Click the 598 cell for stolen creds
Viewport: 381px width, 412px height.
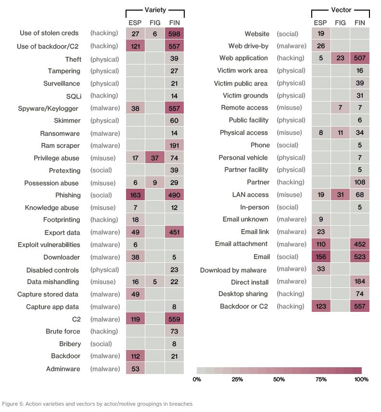(174, 34)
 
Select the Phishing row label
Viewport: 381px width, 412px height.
(68, 195)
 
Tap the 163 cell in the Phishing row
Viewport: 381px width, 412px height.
(135, 195)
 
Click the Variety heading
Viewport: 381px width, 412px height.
(155, 10)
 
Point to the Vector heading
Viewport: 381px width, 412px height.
(341, 10)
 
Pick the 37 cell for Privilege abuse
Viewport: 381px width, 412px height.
(155, 158)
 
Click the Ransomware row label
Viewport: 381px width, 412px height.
(60, 133)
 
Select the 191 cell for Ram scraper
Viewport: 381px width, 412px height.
(174, 145)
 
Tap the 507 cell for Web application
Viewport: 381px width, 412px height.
(360, 58)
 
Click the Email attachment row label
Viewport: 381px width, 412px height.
(241, 244)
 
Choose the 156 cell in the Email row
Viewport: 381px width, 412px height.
(321, 257)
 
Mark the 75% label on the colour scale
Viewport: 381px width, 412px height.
(321, 379)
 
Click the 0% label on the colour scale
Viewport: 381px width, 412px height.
(197, 379)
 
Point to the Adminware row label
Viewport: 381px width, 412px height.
(63, 369)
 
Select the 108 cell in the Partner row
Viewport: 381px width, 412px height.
(360, 182)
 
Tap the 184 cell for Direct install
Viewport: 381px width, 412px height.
(360, 282)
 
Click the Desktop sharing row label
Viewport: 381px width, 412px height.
(243, 294)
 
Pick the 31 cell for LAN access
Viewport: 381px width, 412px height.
(340, 195)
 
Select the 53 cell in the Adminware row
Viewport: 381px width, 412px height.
(135, 369)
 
